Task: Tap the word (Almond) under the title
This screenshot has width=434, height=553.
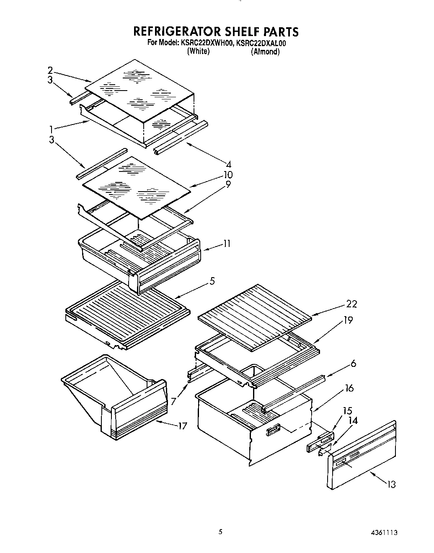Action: [x=265, y=52]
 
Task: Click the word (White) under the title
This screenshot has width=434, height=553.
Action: [x=198, y=51]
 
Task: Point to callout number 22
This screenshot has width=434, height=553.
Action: [x=351, y=304]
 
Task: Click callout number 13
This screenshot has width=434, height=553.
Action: [x=390, y=485]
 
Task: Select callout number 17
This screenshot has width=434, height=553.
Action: [x=182, y=426]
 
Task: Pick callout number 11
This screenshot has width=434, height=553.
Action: [x=226, y=243]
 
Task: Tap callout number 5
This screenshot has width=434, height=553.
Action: [x=212, y=281]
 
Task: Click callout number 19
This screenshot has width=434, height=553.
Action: [x=348, y=321]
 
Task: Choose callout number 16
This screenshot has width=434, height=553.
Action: [x=349, y=389]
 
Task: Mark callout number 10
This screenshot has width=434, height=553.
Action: [x=228, y=174]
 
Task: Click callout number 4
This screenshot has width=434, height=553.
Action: [x=228, y=164]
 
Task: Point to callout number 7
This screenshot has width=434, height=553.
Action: [x=173, y=401]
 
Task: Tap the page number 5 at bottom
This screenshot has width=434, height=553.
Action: [x=220, y=532]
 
